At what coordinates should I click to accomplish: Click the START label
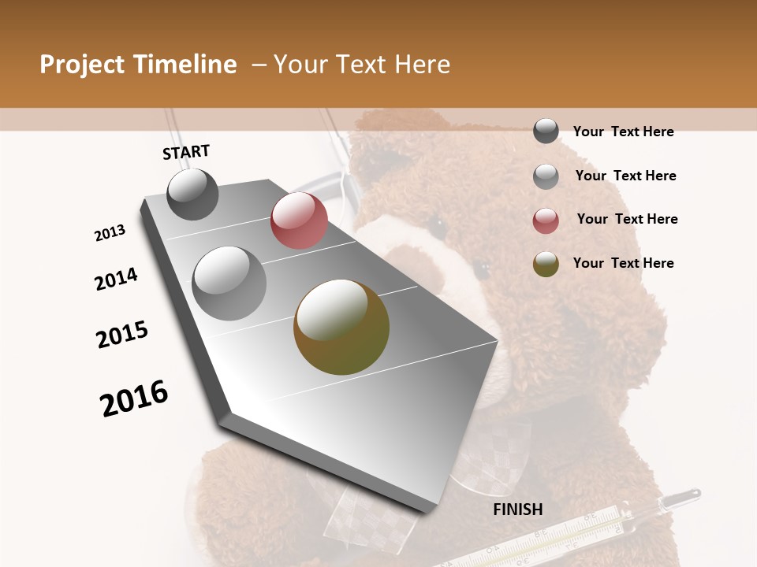point(186,152)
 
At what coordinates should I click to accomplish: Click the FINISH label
point(517,510)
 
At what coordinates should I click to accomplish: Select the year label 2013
point(110,233)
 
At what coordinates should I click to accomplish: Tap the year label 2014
point(116,280)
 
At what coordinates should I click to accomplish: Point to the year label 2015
point(122,335)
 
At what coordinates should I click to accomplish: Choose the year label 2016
point(134,398)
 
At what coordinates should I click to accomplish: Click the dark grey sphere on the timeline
point(192,194)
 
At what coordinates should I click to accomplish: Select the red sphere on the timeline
point(299,220)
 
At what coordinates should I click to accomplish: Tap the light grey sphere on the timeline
point(229,283)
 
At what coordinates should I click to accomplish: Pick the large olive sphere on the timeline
point(341,327)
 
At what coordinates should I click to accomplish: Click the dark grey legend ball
point(546,132)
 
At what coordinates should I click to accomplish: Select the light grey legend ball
point(546,176)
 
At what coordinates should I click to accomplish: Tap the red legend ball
point(546,220)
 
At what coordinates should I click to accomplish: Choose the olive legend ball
point(546,264)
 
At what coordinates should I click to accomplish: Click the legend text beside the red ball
point(627,219)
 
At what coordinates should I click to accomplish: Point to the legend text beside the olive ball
point(623,263)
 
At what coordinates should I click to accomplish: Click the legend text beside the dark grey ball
point(623,132)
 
